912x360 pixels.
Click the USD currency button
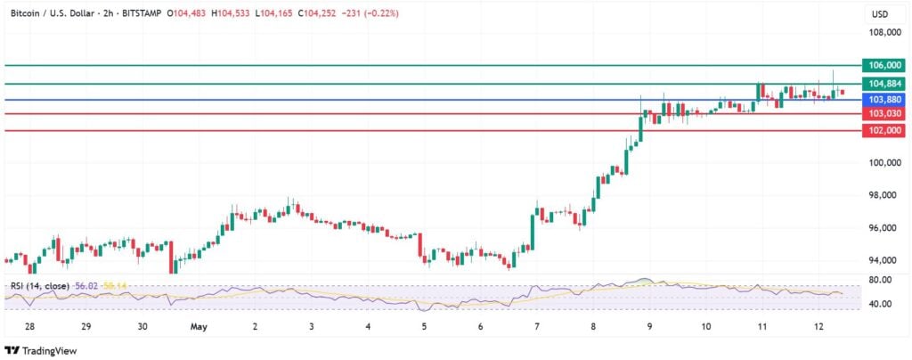pyautogui.click(x=879, y=14)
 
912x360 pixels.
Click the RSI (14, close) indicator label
pyautogui.click(x=39, y=285)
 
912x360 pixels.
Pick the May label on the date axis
pyautogui.click(x=198, y=327)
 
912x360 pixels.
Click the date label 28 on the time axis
pyautogui.click(x=29, y=327)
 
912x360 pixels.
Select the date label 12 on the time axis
pyautogui.click(x=819, y=327)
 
